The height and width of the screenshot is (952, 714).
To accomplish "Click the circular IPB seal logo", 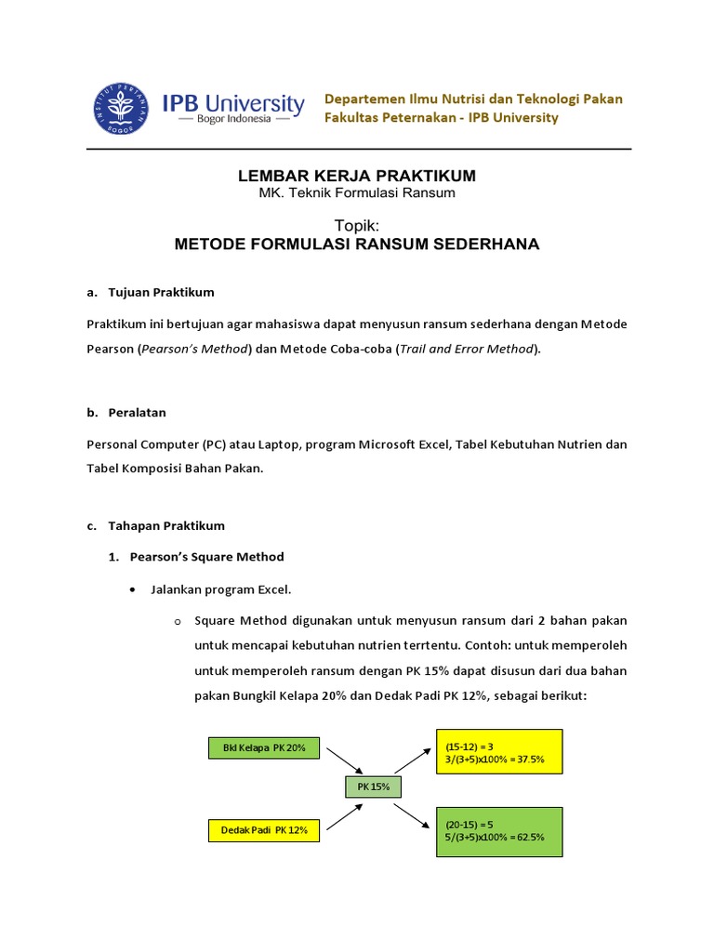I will [x=122, y=109].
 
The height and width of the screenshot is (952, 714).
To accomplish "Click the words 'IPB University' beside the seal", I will [x=233, y=102].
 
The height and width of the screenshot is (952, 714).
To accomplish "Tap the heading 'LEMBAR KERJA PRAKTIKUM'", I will [x=358, y=176].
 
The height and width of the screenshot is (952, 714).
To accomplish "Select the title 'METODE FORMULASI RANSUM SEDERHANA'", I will [x=357, y=244].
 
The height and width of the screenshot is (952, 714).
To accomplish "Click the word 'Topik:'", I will [x=357, y=225].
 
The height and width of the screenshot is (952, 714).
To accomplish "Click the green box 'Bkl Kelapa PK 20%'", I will [x=264, y=748].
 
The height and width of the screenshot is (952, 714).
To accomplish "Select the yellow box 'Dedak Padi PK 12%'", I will [x=264, y=828].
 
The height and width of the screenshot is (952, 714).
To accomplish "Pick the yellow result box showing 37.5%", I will [x=497, y=752].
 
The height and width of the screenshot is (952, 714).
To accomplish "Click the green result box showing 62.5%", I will [x=497, y=831].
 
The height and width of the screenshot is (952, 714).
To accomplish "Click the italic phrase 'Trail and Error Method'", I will [x=467, y=349].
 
